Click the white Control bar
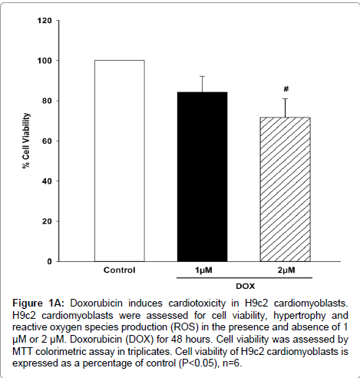[x=120, y=161]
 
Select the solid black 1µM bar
[x=202, y=177]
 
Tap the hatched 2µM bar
[x=285, y=189]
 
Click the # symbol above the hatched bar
[x=286, y=89]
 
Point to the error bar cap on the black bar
[x=203, y=76]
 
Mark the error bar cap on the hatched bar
[x=285, y=98]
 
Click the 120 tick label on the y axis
[x=45, y=20]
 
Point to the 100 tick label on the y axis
[x=45, y=61]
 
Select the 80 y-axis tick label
[x=47, y=101]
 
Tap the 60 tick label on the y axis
[x=47, y=141]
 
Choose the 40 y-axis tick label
[x=47, y=181]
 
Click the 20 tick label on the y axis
[x=47, y=221]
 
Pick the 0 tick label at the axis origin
[x=49, y=261]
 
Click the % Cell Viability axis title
[x=26, y=141]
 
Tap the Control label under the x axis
[x=119, y=270]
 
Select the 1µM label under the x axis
[x=203, y=270]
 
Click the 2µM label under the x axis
[x=286, y=270]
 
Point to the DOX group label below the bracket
[x=246, y=286]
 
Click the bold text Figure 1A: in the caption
[x=38, y=303]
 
